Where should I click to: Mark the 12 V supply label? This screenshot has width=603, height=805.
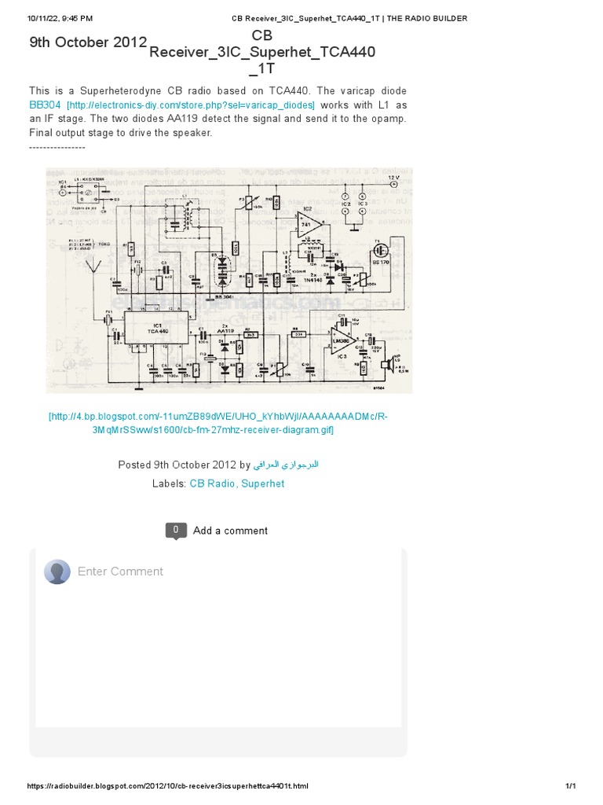tap(393, 179)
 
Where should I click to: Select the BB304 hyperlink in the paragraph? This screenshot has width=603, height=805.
tap(45, 105)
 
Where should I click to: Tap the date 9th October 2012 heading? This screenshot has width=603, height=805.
tap(88, 42)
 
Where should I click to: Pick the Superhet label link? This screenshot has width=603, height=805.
tap(263, 483)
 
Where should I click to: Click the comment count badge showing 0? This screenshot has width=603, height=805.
tap(176, 530)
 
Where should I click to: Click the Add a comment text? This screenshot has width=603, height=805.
tap(230, 531)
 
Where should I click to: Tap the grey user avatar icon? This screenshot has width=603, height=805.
tap(57, 572)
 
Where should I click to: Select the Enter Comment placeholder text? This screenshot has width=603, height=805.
tap(120, 572)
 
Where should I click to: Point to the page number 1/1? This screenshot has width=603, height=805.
tap(571, 786)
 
